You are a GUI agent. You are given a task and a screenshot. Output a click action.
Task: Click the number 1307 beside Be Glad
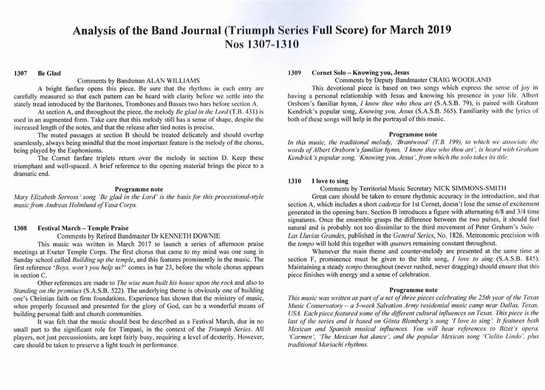(20, 74)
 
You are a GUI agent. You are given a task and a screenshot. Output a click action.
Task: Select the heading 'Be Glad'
(50, 74)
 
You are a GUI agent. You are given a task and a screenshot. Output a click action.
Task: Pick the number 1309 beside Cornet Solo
(295, 73)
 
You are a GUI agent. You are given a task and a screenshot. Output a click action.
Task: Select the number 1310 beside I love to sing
(295, 181)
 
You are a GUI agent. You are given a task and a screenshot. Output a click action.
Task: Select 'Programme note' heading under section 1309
(412, 133)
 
